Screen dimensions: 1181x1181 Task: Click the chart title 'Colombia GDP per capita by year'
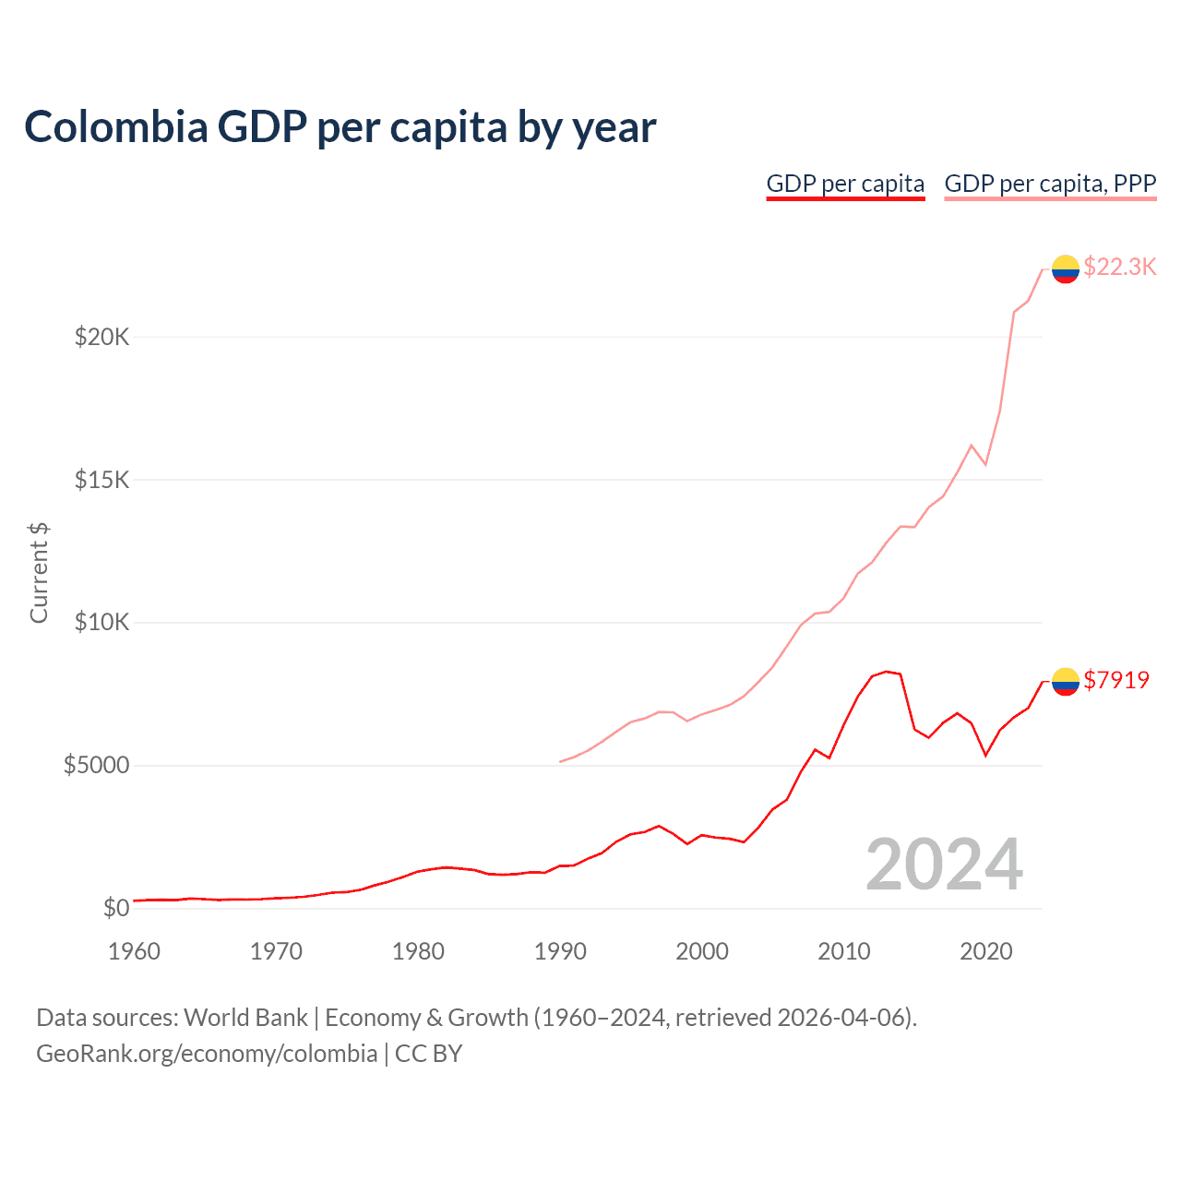pyautogui.click(x=340, y=127)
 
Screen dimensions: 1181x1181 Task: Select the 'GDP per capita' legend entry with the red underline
pyautogui.click(x=845, y=184)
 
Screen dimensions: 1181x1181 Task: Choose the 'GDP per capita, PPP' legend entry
pyautogui.click(x=1050, y=184)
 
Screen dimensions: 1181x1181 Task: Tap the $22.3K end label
pyautogui.click(x=1119, y=267)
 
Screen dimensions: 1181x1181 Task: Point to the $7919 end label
pyautogui.click(x=1116, y=680)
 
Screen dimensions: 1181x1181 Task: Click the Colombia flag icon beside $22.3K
pyautogui.click(x=1066, y=268)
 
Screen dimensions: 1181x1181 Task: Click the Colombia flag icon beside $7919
pyautogui.click(x=1066, y=681)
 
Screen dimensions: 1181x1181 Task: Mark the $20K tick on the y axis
pyautogui.click(x=101, y=337)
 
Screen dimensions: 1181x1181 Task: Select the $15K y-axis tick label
pyautogui.click(x=101, y=480)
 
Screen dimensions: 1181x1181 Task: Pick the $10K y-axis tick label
pyautogui.click(x=101, y=622)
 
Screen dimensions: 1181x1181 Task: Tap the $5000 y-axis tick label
pyautogui.click(x=96, y=765)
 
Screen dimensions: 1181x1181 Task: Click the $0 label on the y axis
pyautogui.click(x=115, y=908)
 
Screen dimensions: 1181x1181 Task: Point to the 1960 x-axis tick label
pyautogui.click(x=135, y=951)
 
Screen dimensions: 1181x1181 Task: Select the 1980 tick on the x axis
pyautogui.click(x=418, y=951)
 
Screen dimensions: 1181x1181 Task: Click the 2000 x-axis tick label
pyautogui.click(x=702, y=951)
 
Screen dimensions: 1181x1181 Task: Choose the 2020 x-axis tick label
pyautogui.click(x=985, y=951)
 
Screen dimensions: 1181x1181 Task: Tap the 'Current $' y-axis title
pyautogui.click(x=39, y=572)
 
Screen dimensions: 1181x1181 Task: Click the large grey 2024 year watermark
pyautogui.click(x=944, y=865)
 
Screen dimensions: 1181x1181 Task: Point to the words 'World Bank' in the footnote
pyautogui.click(x=245, y=1018)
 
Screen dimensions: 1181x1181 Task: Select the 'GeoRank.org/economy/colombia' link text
pyautogui.click(x=207, y=1054)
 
